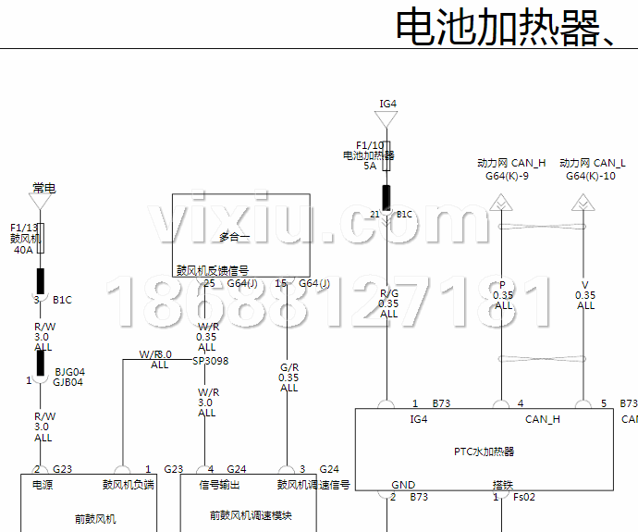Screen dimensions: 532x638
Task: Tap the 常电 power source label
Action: (43, 188)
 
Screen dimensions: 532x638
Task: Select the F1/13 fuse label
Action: (25, 228)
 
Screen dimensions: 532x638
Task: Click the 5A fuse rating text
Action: (370, 166)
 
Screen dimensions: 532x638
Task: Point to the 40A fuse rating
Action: (23, 249)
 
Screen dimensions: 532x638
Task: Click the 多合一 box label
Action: (236, 236)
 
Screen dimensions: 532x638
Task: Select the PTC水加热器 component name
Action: (484, 452)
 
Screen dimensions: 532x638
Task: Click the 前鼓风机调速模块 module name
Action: (250, 516)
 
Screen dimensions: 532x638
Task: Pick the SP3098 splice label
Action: (210, 361)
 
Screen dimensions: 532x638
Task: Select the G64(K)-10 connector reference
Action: (590, 176)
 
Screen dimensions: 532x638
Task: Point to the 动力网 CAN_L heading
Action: (592, 163)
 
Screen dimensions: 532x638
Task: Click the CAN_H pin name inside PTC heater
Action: (542, 419)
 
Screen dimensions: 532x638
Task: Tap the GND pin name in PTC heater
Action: (403, 484)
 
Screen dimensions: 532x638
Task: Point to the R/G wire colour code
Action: (388, 293)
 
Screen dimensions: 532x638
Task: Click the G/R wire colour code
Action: (289, 367)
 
